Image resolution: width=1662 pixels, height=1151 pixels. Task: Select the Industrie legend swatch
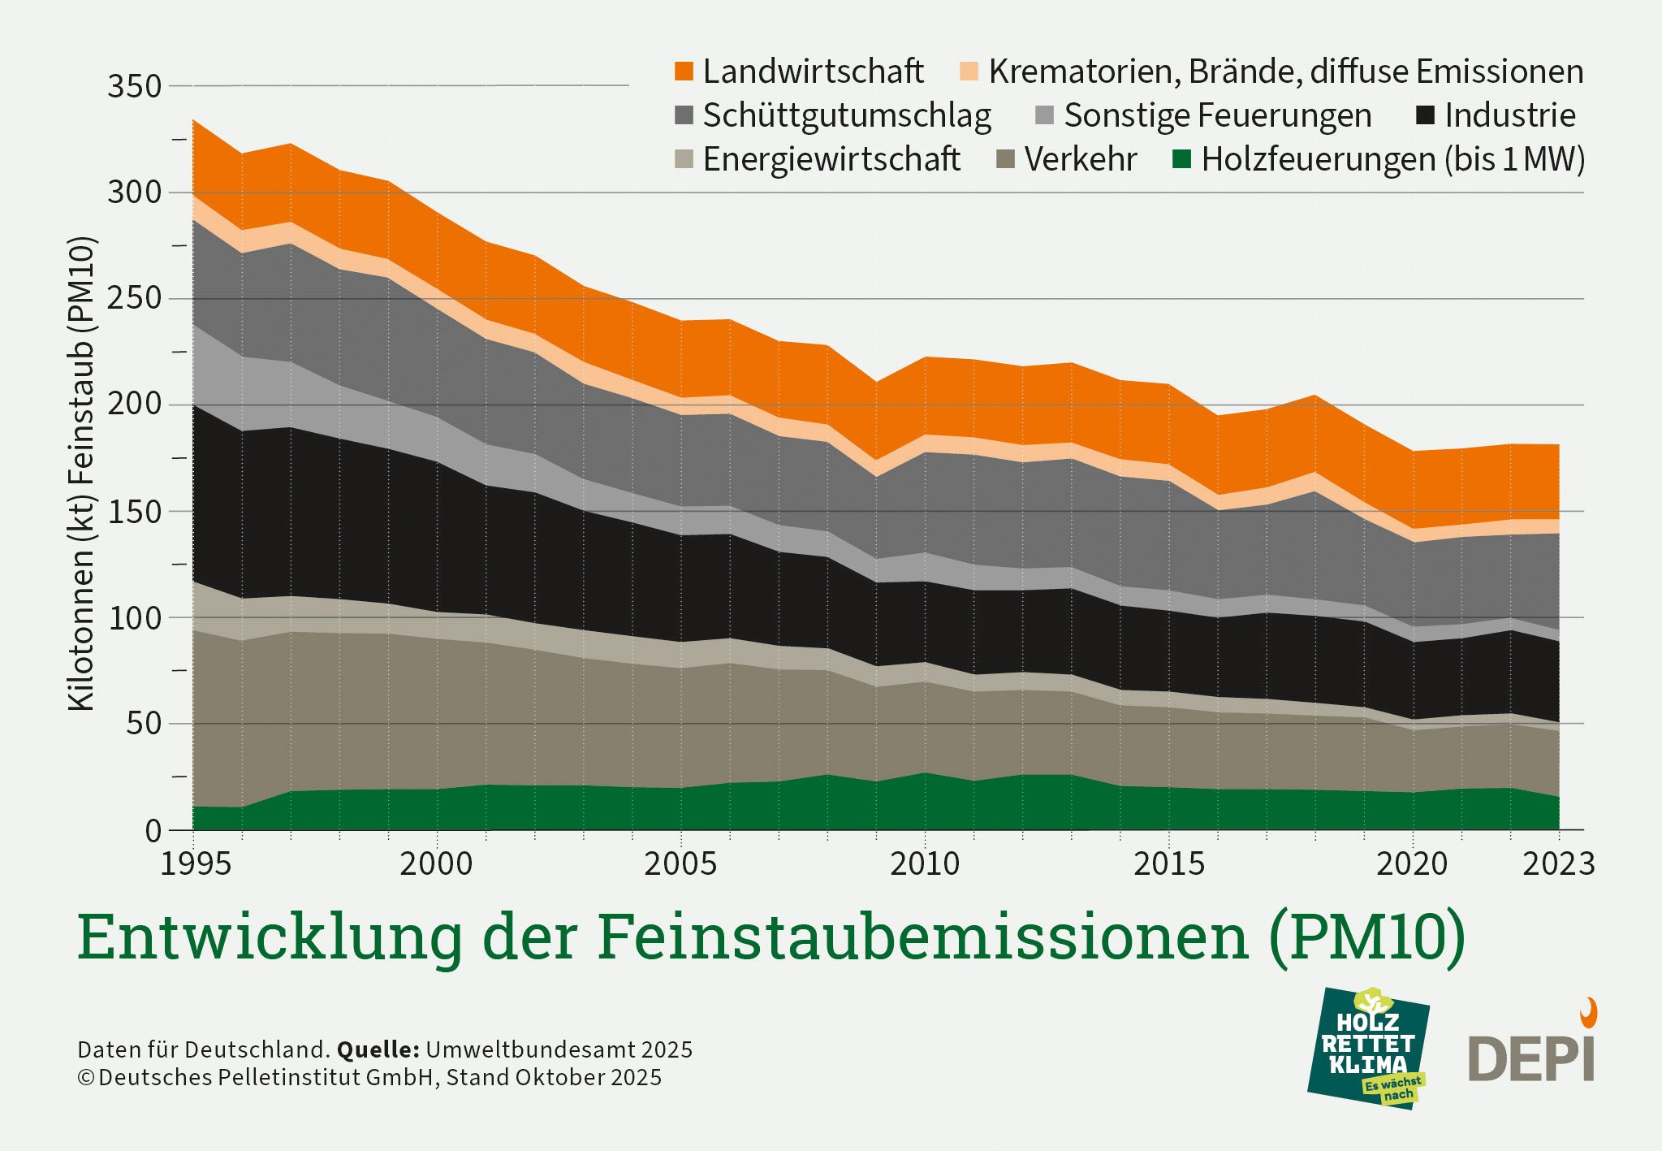(1425, 115)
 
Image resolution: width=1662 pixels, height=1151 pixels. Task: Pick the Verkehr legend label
(1079, 159)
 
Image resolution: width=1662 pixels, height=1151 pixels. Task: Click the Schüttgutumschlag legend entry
(845, 115)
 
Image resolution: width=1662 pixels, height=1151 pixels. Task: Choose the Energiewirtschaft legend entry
(830, 159)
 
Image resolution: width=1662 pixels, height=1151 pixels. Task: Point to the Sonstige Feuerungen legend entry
(1216, 115)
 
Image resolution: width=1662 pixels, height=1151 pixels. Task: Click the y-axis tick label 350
(135, 86)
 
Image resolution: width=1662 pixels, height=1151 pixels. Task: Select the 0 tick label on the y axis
(153, 831)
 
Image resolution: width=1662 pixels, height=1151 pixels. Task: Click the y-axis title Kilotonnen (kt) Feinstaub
(81, 474)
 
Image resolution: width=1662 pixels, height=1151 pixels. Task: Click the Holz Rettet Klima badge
(1369, 1049)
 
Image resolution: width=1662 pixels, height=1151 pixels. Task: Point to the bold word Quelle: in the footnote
(378, 1049)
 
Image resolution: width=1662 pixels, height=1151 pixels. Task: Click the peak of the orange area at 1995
(194, 121)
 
